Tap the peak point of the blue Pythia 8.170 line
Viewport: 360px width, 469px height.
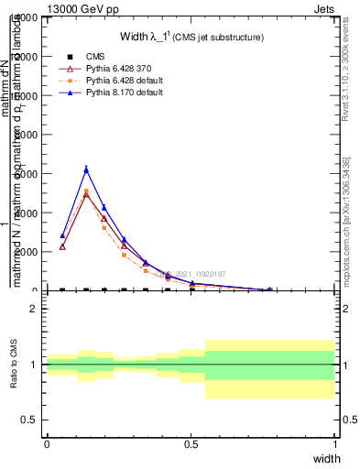tap(86, 169)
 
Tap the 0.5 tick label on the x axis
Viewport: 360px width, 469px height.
tap(191, 442)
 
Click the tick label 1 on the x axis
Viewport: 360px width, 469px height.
tap(335, 442)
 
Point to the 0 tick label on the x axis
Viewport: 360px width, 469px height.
tap(47, 442)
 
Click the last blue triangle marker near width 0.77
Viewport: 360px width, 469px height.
tap(268, 289)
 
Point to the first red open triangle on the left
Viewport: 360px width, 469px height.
tap(62, 246)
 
